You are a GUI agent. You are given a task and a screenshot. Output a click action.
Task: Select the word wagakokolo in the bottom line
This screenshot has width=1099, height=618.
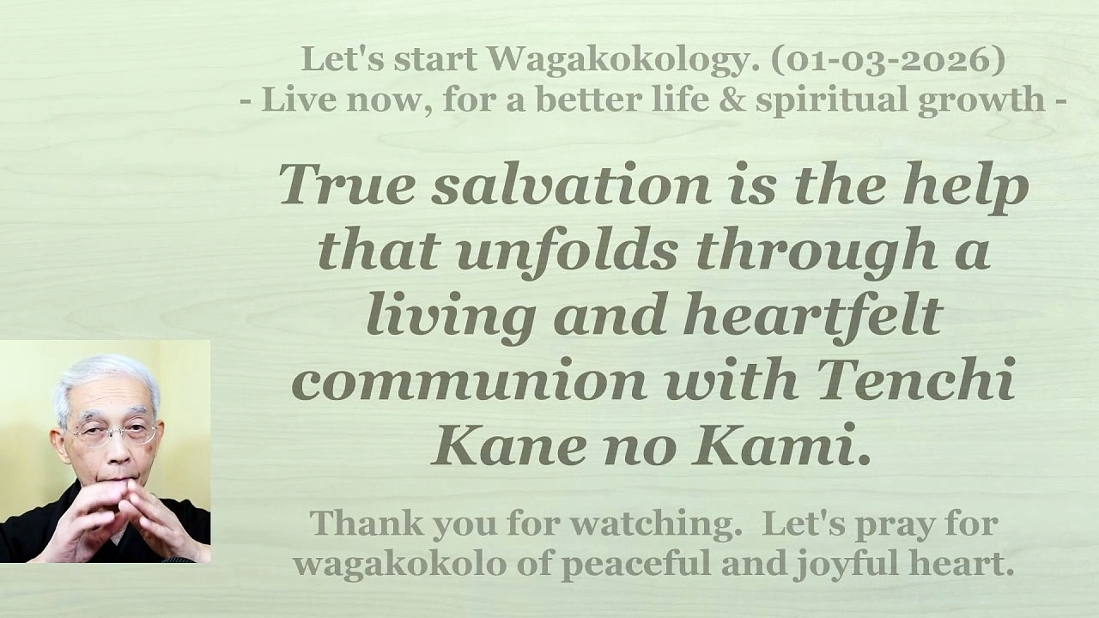[x=383, y=565]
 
